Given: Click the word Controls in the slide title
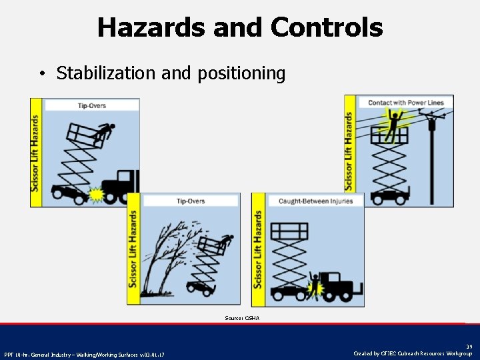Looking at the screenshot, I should [327, 27].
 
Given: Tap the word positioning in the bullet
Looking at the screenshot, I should [241, 73].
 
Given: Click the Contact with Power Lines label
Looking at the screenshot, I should [407, 102].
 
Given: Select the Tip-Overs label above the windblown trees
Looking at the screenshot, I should [191, 201].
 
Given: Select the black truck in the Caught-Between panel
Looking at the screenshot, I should [340, 283].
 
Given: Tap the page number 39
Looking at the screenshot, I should [468, 345].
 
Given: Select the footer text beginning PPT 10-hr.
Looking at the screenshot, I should [84, 354].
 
